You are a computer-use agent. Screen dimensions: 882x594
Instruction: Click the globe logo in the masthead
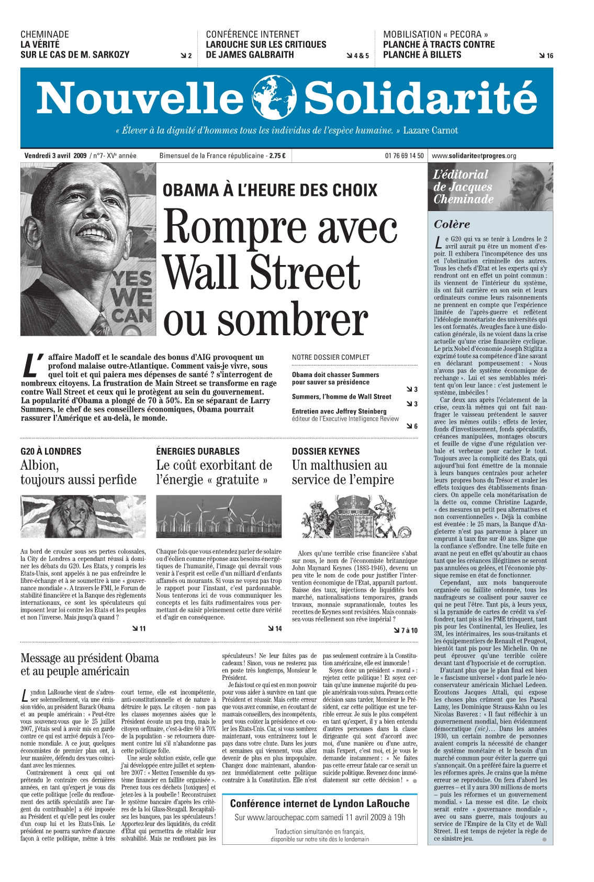pos(274,98)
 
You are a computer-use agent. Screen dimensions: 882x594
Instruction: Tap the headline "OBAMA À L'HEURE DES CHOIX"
pos(270,190)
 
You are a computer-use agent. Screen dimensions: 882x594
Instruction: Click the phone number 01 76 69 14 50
pos(404,156)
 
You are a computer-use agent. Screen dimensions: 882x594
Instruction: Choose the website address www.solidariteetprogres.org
pos(474,156)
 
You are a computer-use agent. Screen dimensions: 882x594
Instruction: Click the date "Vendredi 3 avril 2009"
pos(55,156)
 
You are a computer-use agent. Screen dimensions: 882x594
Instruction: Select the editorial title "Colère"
pos(452,224)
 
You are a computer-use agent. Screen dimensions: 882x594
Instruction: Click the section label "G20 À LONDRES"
pos(51,451)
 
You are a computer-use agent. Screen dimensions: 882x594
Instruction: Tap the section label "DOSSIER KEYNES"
pos(326,451)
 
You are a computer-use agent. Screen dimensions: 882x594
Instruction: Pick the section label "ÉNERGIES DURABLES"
pos(198,451)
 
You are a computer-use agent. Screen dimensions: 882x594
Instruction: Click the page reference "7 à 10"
pos(408,631)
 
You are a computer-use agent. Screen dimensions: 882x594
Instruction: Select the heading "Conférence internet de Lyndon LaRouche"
pos(320,803)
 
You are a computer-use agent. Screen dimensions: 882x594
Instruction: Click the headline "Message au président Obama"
pos(89,658)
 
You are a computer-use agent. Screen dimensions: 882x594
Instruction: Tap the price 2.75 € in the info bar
pos(277,156)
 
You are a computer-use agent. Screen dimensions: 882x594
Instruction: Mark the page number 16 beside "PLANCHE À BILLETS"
pos(549,56)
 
